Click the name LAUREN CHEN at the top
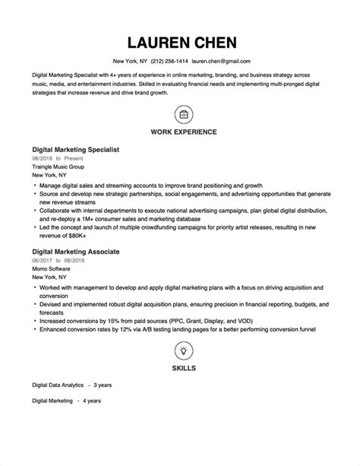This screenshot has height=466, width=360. pyautogui.click(x=182, y=42)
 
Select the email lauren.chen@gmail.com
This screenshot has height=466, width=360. pyautogui.click(x=221, y=61)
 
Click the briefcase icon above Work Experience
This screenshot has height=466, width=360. pyautogui.click(x=183, y=115)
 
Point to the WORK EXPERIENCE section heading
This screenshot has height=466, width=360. pyautogui.click(x=183, y=132)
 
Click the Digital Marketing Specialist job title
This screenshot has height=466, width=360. pyautogui.click(x=75, y=150)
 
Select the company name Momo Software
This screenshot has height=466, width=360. pyautogui.click(x=49, y=268)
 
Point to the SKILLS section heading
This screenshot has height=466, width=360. pyautogui.click(x=183, y=368)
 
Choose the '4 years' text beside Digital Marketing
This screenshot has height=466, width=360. pyautogui.click(x=91, y=401)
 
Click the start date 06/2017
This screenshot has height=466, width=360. pyautogui.click(x=41, y=259)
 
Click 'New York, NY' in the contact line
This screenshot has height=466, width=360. pyautogui.click(x=130, y=61)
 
